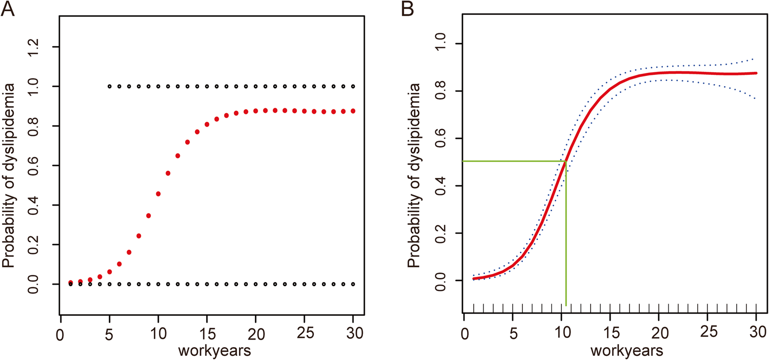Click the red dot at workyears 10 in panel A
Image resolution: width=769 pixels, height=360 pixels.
click(x=158, y=194)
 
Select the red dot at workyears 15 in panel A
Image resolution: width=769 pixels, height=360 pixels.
click(x=207, y=125)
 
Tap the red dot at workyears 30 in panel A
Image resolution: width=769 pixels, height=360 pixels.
click(x=353, y=111)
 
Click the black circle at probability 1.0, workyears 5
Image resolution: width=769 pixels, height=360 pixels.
click(x=110, y=86)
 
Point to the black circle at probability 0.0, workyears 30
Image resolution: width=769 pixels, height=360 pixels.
click(x=353, y=284)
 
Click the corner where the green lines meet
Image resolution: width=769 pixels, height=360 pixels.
click(x=566, y=162)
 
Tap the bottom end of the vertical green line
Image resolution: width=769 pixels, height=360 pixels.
click(x=566, y=305)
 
